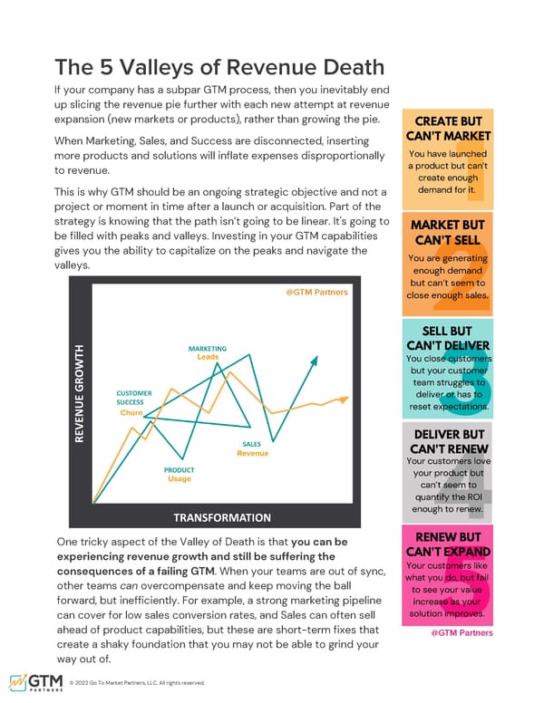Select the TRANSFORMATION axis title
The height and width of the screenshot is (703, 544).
coord(222,518)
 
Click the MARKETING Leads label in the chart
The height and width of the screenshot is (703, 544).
coord(208,352)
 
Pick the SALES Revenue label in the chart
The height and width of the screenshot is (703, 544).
coord(252,448)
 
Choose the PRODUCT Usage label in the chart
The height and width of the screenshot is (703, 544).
coord(179,474)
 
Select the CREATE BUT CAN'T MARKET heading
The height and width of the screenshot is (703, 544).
coord(449,130)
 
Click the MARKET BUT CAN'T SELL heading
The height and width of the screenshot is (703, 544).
coord(449,233)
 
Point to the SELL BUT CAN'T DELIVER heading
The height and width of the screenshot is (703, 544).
coord(449,336)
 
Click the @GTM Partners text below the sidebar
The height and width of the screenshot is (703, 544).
coord(461,632)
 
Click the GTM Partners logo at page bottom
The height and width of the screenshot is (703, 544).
coord(35,682)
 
